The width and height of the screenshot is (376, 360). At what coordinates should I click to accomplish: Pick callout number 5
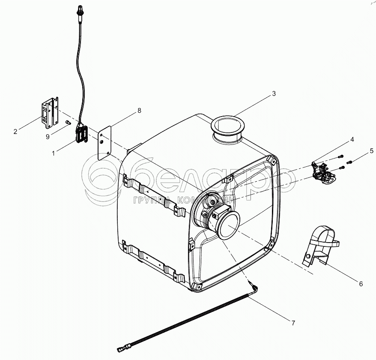371,150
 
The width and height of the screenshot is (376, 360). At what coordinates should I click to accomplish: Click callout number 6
361,283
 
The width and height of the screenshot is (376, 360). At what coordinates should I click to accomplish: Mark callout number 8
139,111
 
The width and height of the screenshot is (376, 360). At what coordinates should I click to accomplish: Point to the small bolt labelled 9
68,123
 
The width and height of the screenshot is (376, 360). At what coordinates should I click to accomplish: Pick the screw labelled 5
349,162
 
